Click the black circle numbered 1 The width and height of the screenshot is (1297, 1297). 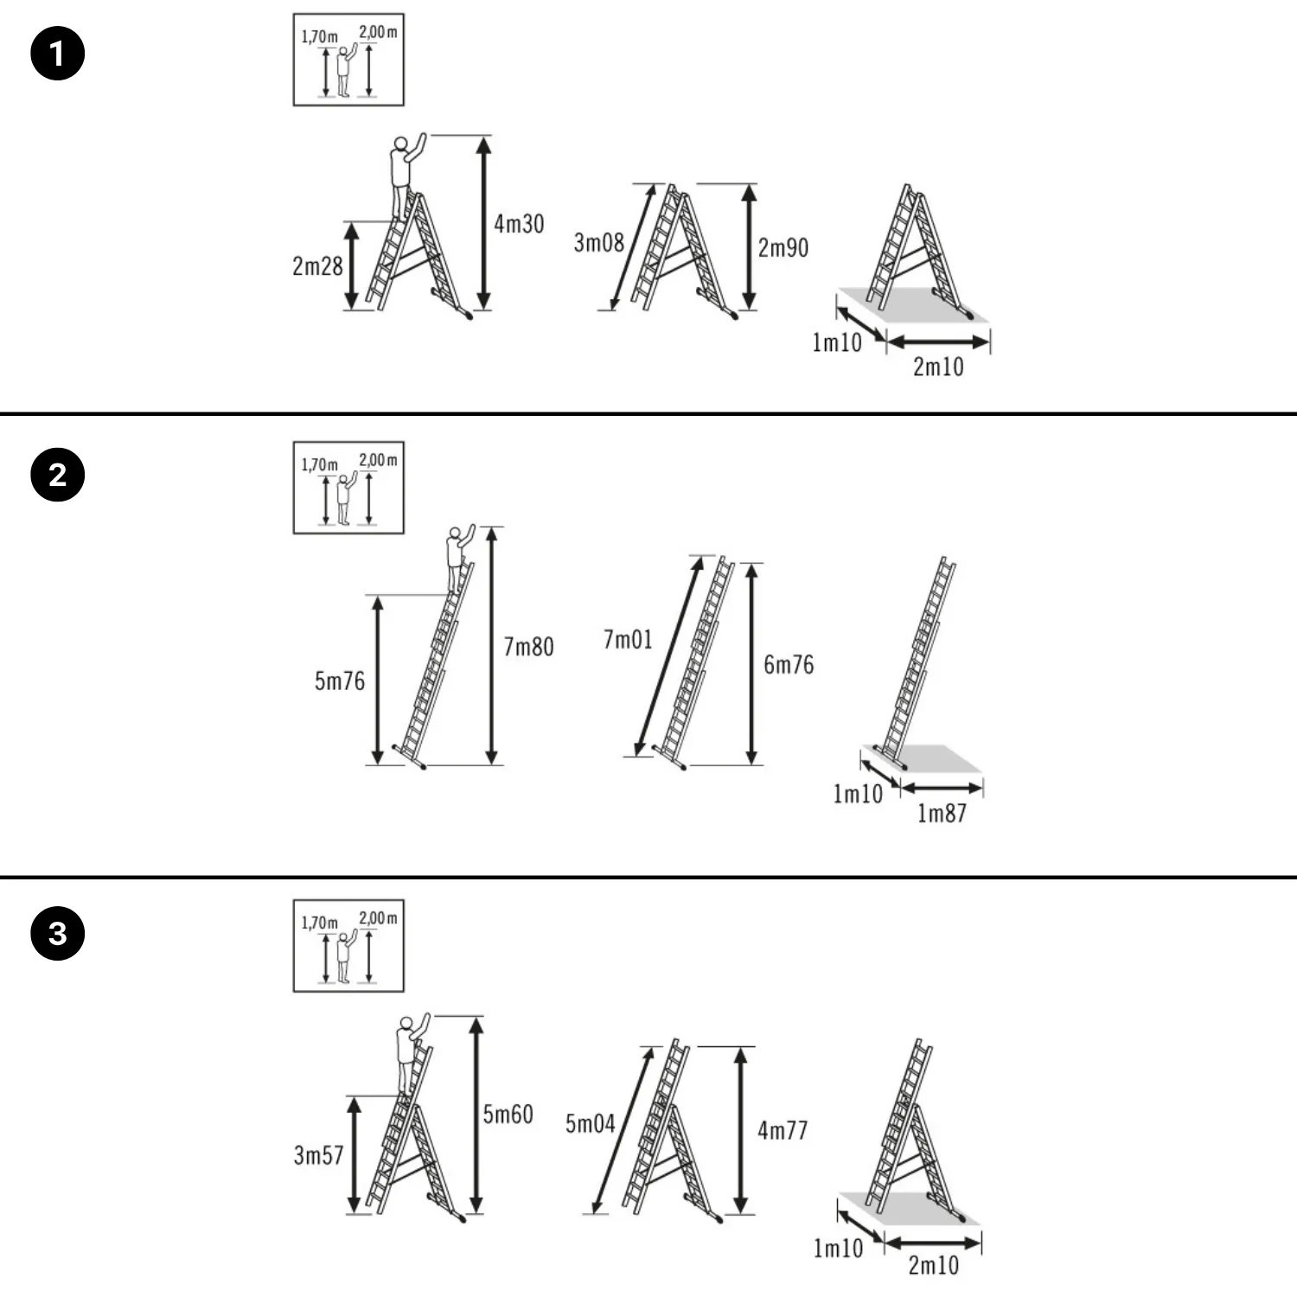tap(58, 54)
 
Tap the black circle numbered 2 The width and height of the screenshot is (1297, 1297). tap(58, 475)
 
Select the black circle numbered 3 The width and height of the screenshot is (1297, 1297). tap(58, 933)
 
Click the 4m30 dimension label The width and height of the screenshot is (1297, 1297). tap(519, 224)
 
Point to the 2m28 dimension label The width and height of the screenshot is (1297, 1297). tap(317, 266)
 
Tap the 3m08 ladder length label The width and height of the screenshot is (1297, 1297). tap(598, 243)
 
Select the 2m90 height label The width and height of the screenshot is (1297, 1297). tap(783, 248)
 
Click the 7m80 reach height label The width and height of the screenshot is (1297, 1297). tap(528, 647)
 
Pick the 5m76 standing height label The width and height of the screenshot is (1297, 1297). tap(340, 681)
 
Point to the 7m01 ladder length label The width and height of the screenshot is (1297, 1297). tap(628, 640)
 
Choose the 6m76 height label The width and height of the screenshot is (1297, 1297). tap(789, 665)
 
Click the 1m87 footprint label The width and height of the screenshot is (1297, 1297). tap(942, 813)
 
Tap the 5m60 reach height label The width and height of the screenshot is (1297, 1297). tap(508, 1114)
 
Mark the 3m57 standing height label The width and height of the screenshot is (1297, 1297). tap(318, 1155)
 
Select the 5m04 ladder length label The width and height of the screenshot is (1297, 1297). tap(590, 1124)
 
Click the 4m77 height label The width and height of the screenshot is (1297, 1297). tap(783, 1130)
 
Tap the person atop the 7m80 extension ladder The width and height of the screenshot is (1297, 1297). tap(458, 557)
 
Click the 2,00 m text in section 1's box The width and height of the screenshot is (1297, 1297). tap(378, 33)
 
